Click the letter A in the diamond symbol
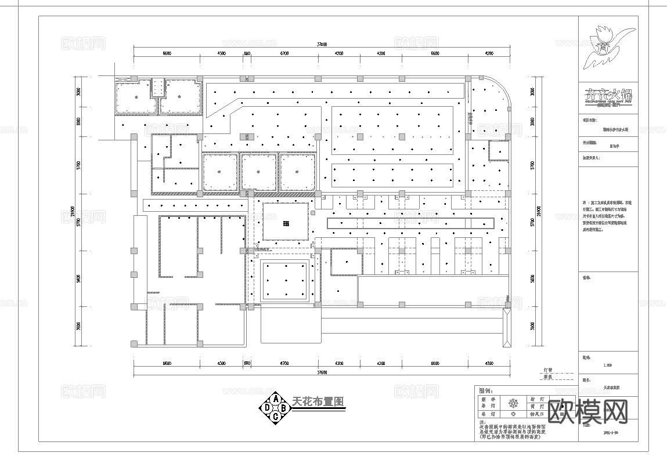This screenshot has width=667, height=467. pyautogui.click(x=276, y=399)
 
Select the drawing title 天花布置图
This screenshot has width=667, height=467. pyautogui.click(x=318, y=401)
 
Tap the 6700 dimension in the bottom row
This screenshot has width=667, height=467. pyautogui.click(x=284, y=364)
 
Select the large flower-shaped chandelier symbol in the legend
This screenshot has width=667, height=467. pyautogui.click(x=512, y=404)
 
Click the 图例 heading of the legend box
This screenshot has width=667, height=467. pyautogui.click(x=484, y=390)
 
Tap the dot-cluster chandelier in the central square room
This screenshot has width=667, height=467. pyautogui.click(x=286, y=223)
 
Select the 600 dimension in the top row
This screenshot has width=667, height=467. pyautogui.click(x=247, y=53)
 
